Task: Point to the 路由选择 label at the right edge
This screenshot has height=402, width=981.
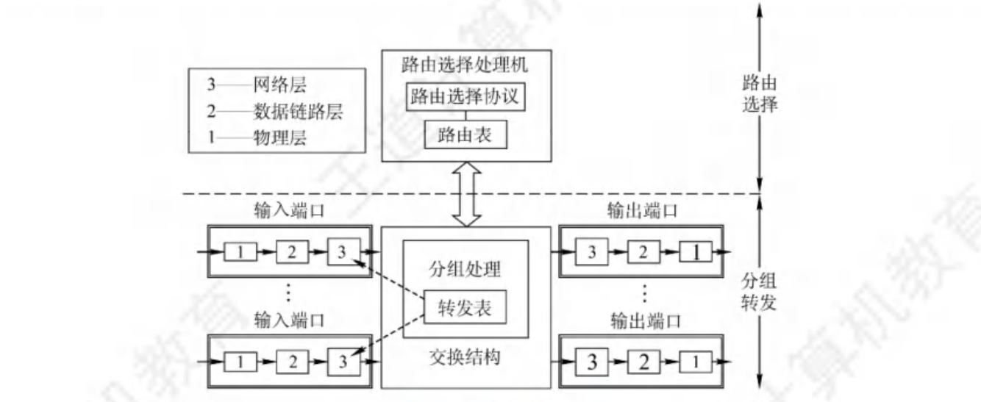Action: tap(760, 95)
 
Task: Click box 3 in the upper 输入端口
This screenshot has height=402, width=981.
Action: tap(340, 252)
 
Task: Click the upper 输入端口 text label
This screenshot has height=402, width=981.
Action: tap(288, 213)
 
